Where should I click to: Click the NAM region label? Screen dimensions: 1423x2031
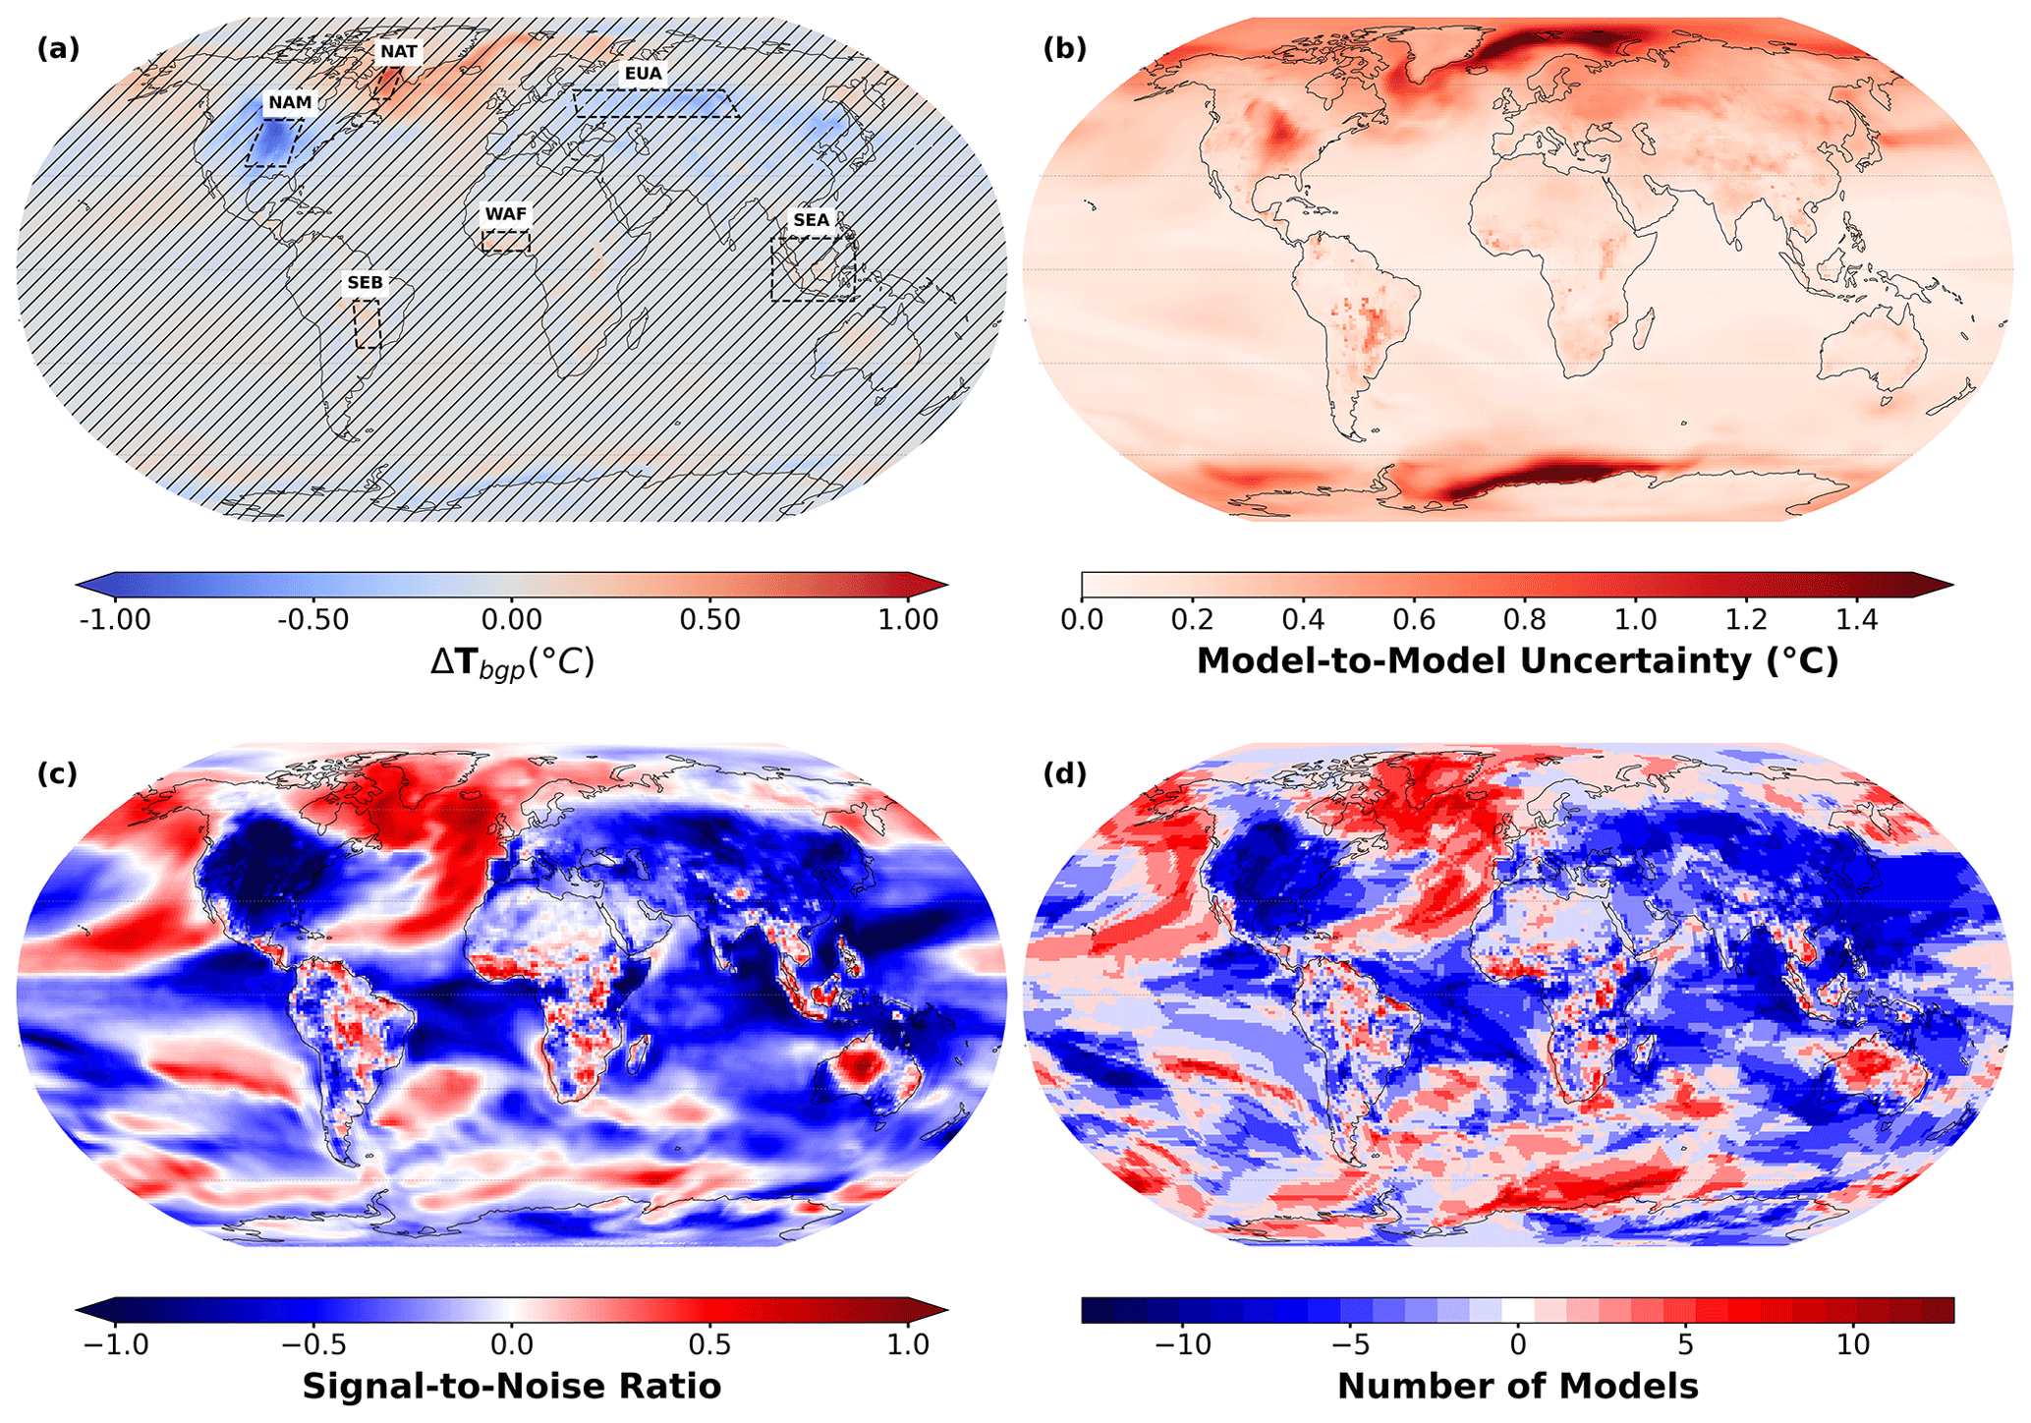290,103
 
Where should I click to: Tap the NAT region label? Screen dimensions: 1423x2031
398,51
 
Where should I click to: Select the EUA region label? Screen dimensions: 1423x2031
644,73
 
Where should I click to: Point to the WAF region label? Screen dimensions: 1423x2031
506,214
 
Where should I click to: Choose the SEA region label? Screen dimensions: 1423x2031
812,220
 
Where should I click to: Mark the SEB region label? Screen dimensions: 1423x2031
365,283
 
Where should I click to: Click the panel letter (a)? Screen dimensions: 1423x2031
58,48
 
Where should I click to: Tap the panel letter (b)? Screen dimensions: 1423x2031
1065,48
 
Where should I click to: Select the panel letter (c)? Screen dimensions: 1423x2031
58,773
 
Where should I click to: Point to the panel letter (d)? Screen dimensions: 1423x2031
1065,773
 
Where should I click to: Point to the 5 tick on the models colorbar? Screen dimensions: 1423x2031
1685,1344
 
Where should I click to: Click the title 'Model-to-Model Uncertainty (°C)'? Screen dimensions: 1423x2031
1517,661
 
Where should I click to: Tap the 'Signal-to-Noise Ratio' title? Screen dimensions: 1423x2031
511,1387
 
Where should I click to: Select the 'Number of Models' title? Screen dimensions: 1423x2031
1517,1387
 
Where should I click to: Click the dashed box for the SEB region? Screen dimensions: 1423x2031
367,324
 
